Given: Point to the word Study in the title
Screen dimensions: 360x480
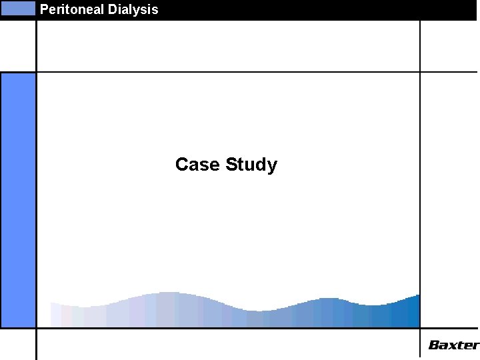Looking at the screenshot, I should tap(251, 164).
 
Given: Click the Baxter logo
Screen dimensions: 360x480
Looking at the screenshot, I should tap(453, 345).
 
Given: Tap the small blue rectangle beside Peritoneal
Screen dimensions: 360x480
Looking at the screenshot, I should tap(18, 9).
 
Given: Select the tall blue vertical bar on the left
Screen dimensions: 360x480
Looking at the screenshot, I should tap(18, 200).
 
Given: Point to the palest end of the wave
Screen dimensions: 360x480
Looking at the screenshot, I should tap(56, 315).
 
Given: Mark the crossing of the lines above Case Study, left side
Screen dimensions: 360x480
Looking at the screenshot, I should tap(37, 71).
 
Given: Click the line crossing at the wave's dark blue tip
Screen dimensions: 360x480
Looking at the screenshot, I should tap(420, 327).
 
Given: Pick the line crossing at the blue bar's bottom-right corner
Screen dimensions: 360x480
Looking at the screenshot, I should tap(37, 327).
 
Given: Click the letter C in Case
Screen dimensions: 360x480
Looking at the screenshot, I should tap(181, 164).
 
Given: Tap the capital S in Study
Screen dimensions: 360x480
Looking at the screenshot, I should tap(231, 164).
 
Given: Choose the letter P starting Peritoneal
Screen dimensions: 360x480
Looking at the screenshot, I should tap(44, 9).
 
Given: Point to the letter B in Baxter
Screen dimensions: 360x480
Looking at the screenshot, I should tap(433, 345).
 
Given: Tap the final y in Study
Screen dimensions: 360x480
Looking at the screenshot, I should tap(272, 166).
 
